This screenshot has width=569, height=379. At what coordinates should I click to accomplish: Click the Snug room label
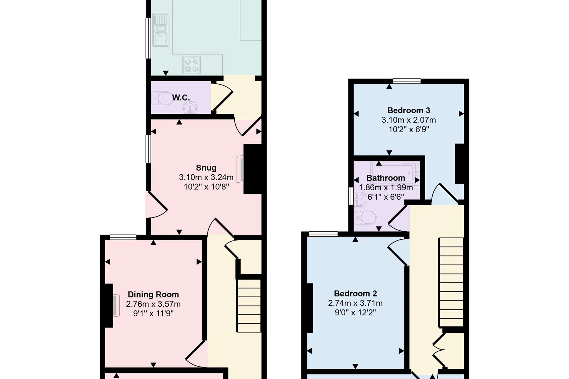click(x=206, y=168)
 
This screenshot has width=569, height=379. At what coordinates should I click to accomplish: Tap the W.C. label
click(x=181, y=98)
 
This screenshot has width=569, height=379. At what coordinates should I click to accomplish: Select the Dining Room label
click(x=153, y=295)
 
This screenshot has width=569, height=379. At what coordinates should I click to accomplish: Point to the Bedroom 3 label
click(x=409, y=110)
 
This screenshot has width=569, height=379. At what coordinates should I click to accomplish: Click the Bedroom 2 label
click(x=355, y=294)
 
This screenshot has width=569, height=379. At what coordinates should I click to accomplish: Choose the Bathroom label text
click(x=386, y=178)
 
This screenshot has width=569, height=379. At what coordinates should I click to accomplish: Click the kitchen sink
click(x=161, y=30)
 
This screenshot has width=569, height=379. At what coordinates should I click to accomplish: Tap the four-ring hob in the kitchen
click(x=191, y=65)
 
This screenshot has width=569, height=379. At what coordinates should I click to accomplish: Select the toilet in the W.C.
click(x=162, y=98)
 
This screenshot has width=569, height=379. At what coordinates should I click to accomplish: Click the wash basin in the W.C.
click(x=190, y=108)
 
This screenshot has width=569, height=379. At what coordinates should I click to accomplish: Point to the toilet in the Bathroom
click(x=365, y=218)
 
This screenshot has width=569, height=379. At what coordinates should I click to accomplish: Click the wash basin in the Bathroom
click(x=360, y=199)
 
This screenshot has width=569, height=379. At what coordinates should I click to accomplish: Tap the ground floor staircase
click(x=249, y=306)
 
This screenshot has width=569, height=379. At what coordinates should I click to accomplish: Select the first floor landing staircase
click(x=451, y=282)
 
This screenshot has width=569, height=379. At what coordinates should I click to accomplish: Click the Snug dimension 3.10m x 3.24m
click(x=206, y=177)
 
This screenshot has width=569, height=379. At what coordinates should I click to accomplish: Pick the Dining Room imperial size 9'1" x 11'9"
click(x=153, y=313)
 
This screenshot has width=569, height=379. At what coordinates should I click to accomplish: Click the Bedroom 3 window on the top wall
click(x=407, y=81)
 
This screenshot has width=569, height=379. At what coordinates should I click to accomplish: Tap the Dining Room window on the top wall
click(x=123, y=237)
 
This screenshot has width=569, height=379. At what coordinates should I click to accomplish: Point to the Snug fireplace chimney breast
click(x=252, y=169)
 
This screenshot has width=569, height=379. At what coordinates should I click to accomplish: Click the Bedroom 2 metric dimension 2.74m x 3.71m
click(x=355, y=303)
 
